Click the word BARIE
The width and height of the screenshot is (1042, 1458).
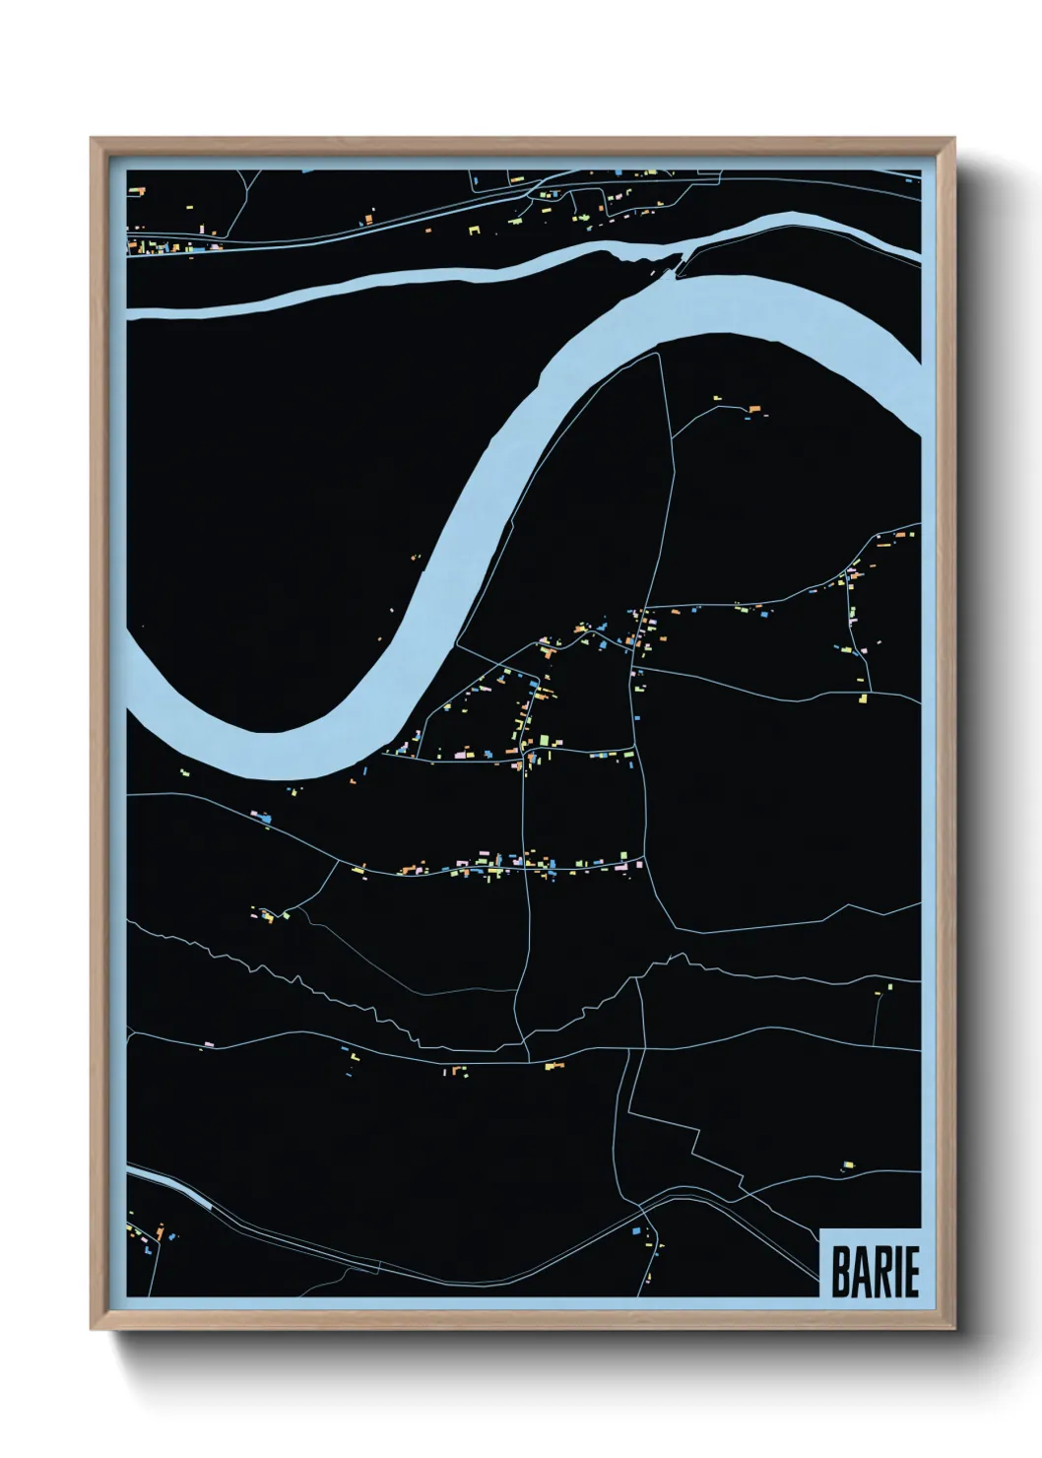[875, 1272]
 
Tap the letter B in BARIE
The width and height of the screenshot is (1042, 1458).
[842, 1272]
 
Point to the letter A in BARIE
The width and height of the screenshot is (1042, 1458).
[862, 1272]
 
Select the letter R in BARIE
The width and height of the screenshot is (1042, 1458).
[881, 1272]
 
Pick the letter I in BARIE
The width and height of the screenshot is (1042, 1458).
[896, 1272]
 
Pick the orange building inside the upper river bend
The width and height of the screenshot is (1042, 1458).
[754, 408]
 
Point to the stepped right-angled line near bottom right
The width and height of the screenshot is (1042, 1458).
[689, 1133]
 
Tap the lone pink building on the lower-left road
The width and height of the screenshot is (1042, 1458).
[209, 1041]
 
